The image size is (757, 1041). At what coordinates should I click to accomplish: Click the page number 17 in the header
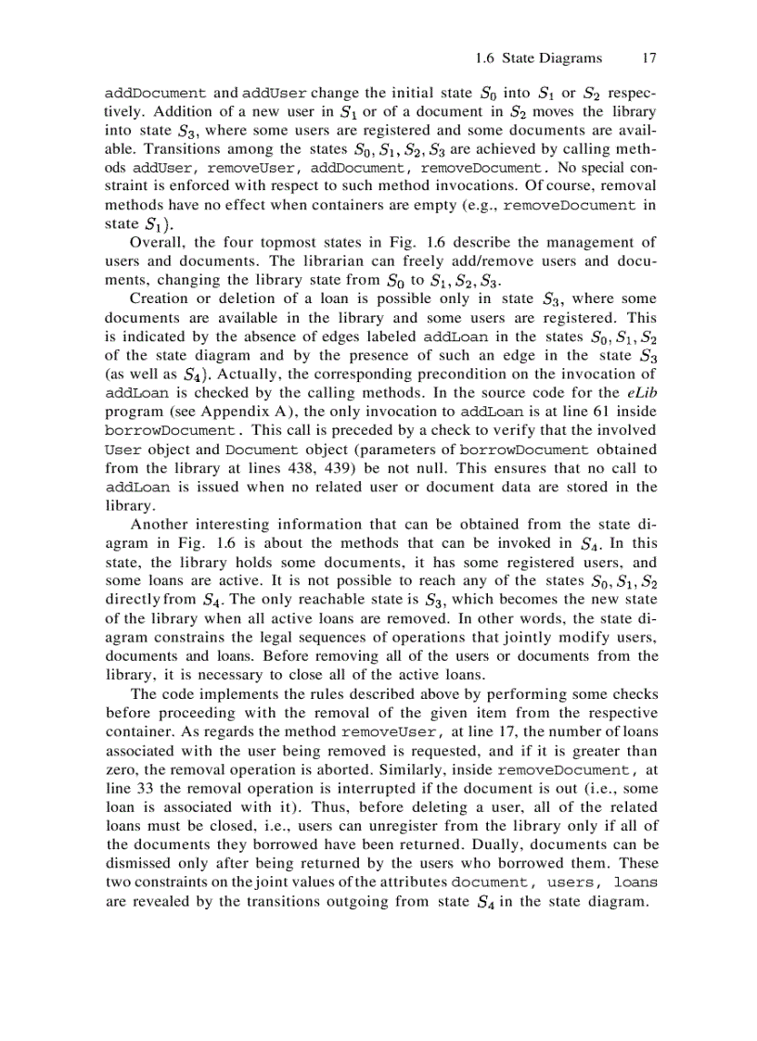coord(649,57)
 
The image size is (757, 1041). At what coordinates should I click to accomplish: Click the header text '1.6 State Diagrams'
coord(537,57)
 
